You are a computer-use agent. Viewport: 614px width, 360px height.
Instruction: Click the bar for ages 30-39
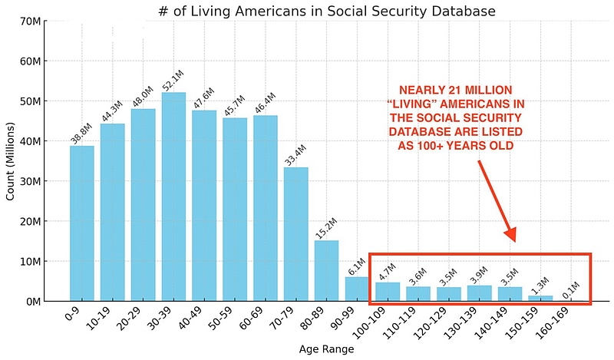click(173, 197)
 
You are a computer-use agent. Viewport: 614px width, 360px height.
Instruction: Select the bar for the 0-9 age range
click(81, 223)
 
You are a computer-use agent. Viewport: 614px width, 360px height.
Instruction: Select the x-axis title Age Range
click(326, 350)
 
